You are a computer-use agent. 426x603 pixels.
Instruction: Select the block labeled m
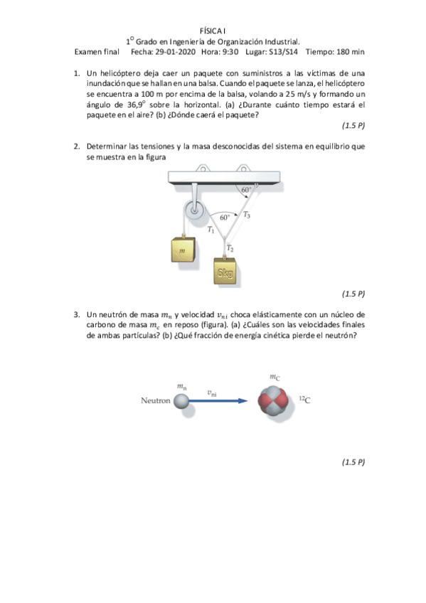click(183, 251)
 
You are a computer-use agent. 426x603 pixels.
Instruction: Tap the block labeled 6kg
click(226, 272)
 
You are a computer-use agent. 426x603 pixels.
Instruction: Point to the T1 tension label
click(211, 230)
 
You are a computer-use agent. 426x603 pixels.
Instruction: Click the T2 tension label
click(230, 247)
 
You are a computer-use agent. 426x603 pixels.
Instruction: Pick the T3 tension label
click(246, 214)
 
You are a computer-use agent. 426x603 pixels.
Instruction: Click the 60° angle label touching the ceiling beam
click(245, 190)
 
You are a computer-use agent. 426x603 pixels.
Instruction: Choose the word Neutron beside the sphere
click(156, 401)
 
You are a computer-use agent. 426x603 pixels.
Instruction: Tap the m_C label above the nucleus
click(275, 376)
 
